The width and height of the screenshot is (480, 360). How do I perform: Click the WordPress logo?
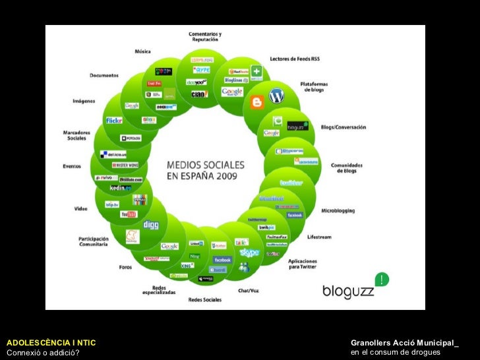point(276,96)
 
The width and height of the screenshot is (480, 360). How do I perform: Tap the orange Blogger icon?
point(257,102)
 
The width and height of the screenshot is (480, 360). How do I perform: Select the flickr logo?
point(114,121)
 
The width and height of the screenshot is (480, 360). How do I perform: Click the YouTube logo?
point(128,214)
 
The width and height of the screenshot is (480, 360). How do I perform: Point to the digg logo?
point(150,224)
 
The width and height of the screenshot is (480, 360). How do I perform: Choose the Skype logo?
point(249,253)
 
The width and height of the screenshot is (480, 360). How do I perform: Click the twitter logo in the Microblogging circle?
point(291,183)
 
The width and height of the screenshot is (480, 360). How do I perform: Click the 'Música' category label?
point(142,51)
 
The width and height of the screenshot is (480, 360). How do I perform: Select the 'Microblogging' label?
point(338,211)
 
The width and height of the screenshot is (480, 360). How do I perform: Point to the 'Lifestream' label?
point(320,237)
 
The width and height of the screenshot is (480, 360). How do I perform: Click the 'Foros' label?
point(125,267)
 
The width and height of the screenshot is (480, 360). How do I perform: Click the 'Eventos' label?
point(72,166)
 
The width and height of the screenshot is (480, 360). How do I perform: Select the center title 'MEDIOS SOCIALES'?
point(205,164)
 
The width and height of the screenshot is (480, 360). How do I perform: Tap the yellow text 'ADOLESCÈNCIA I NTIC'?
point(51,343)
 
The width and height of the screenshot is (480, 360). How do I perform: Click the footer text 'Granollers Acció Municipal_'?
point(404,343)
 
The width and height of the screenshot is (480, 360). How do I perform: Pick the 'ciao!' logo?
point(199,94)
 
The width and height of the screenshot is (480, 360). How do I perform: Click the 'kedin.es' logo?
point(121,188)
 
